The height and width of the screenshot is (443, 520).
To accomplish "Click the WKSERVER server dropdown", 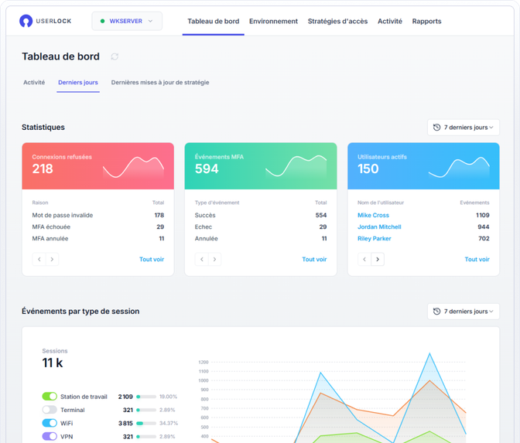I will point(127,21).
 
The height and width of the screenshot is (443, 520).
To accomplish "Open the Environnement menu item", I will point(273,22).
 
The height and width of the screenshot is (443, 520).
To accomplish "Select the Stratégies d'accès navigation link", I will point(337,22).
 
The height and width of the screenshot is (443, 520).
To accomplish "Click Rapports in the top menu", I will point(426,22).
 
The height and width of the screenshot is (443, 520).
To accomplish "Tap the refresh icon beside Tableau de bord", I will point(115,56).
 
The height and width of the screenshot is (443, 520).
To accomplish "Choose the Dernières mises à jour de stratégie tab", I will point(159,82).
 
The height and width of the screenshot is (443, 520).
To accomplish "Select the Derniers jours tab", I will point(78,82).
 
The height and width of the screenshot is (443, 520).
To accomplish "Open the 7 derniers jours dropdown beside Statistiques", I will point(463,127).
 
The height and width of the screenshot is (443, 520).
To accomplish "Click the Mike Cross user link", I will point(373,215).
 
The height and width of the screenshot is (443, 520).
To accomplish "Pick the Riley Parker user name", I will point(374,238).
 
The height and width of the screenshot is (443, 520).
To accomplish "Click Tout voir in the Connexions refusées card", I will point(152,260).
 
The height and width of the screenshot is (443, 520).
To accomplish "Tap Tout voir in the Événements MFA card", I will point(314,260).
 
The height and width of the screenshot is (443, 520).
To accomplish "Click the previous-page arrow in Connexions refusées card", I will point(39,260).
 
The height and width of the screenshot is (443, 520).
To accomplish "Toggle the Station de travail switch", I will point(50,397).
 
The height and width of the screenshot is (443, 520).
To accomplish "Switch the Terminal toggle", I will point(50,410).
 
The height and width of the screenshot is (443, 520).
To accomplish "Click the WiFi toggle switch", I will point(50,423).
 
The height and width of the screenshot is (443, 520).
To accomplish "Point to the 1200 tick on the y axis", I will point(204,362).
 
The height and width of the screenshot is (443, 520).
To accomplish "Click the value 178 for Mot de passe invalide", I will point(159,215).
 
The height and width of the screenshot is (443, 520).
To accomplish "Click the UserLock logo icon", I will point(27,21).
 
